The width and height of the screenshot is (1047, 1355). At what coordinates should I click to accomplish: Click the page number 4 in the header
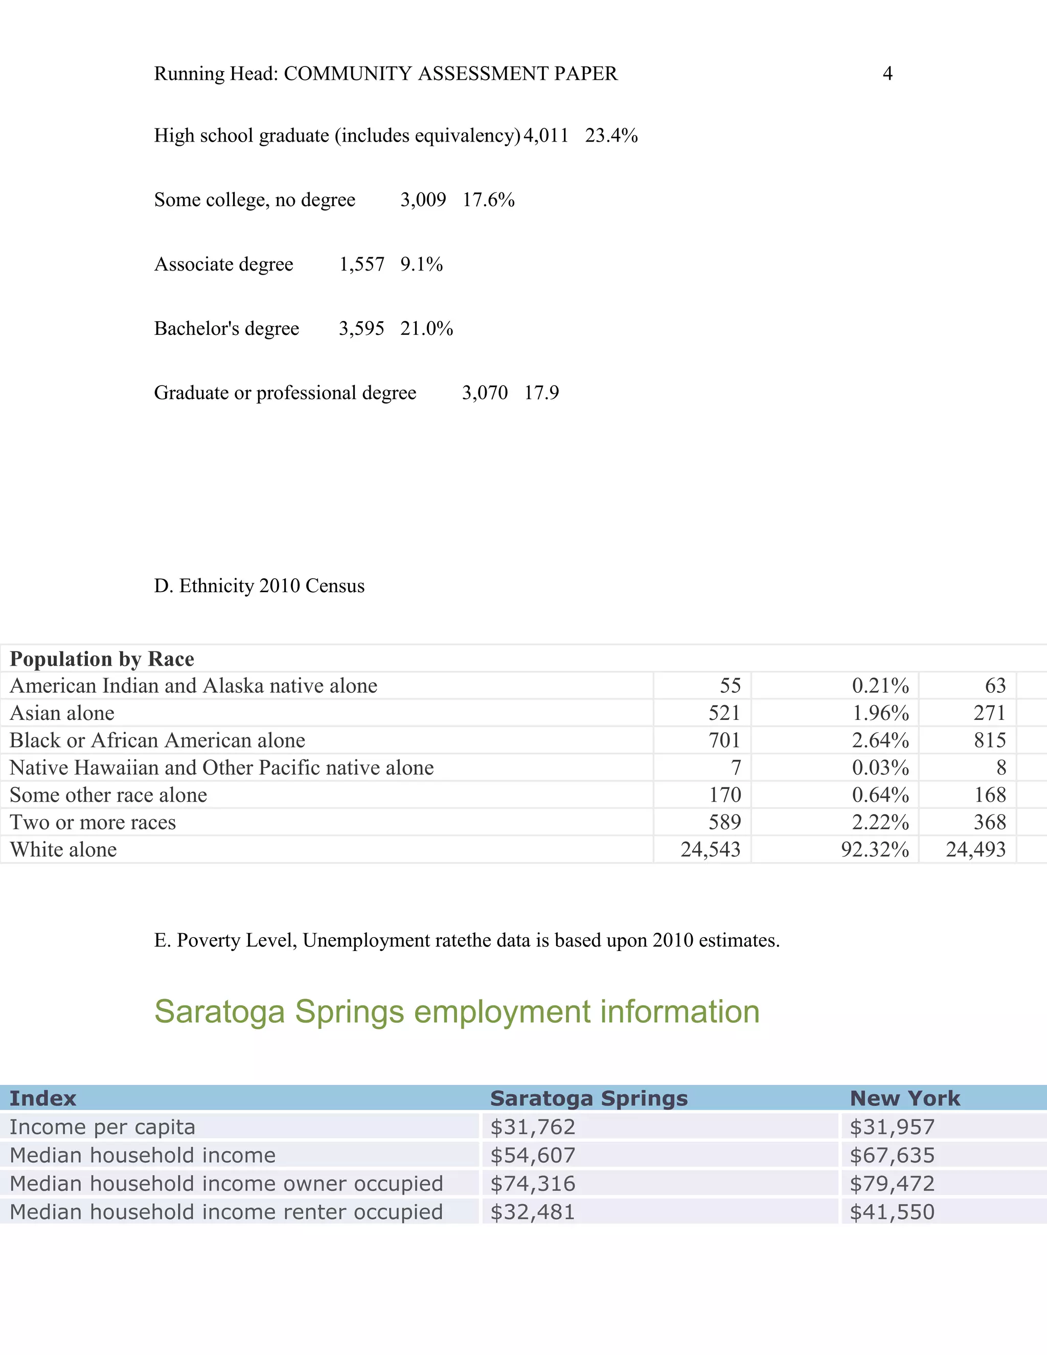tap(887, 73)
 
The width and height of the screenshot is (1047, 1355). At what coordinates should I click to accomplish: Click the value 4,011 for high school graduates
tap(546, 135)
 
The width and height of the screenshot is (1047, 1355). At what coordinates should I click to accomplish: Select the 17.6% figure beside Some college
tap(488, 200)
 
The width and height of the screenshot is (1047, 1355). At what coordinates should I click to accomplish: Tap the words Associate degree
tap(223, 264)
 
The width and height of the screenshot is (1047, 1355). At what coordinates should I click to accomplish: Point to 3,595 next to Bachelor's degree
tap(361, 328)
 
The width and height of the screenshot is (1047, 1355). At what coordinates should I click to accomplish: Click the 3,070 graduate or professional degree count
tap(485, 393)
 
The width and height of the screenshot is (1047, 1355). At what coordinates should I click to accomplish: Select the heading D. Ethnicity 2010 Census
tap(259, 585)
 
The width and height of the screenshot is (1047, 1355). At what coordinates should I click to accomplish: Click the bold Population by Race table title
tap(102, 659)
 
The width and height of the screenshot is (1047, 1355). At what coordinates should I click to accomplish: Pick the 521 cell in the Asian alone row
tap(724, 713)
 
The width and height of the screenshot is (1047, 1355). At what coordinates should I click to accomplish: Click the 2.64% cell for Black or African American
tap(880, 740)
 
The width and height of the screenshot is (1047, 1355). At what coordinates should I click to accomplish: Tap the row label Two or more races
tap(93, 822)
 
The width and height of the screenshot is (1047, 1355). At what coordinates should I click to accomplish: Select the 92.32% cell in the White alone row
tap(875, 849)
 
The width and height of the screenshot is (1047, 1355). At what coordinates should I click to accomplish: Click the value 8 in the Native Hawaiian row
tap(1000, 767)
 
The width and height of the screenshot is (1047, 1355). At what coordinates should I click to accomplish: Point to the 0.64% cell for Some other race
tap(880, 795)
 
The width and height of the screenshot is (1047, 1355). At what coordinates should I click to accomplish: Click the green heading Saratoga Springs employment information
tap(457, 1012)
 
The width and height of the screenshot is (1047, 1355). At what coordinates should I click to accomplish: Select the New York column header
tap(904, 1098)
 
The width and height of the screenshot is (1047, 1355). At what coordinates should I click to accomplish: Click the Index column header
tap(43, 1098)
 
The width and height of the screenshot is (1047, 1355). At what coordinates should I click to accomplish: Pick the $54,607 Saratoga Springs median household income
tap(532, 1155)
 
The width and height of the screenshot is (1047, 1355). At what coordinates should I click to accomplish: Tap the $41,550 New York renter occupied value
tap(891, 1212)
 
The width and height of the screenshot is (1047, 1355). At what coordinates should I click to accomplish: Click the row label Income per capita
tap(102, 1126)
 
